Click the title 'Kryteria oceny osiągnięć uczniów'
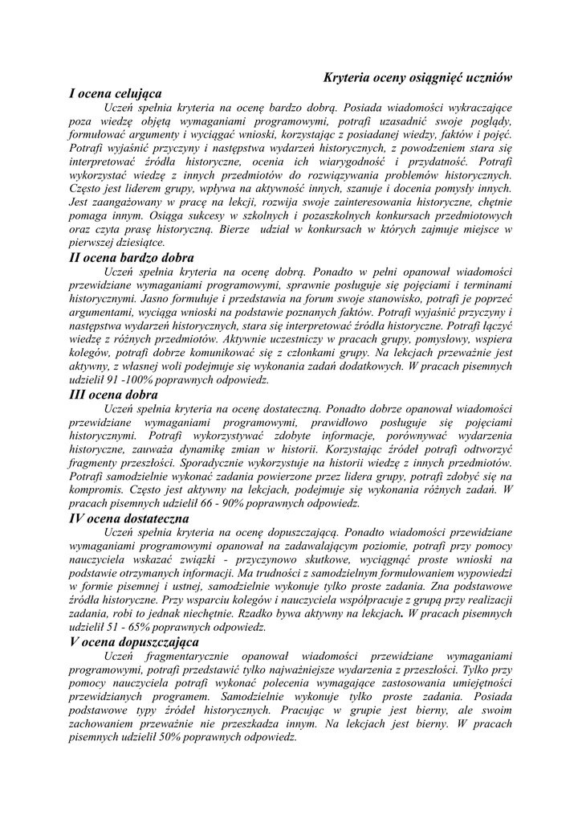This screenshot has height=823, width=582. pyautogui.click(x=417, y=77)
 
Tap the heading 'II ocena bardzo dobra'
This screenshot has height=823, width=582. pyautogui.click(x=132, y=257)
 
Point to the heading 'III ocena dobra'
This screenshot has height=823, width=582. pyautogui.click(x=114, y=395)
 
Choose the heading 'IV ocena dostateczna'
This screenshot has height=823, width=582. pyautogui.click(x=129, y=518)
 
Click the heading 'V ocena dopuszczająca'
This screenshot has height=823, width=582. pyautogui.click(x=134, y=641)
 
